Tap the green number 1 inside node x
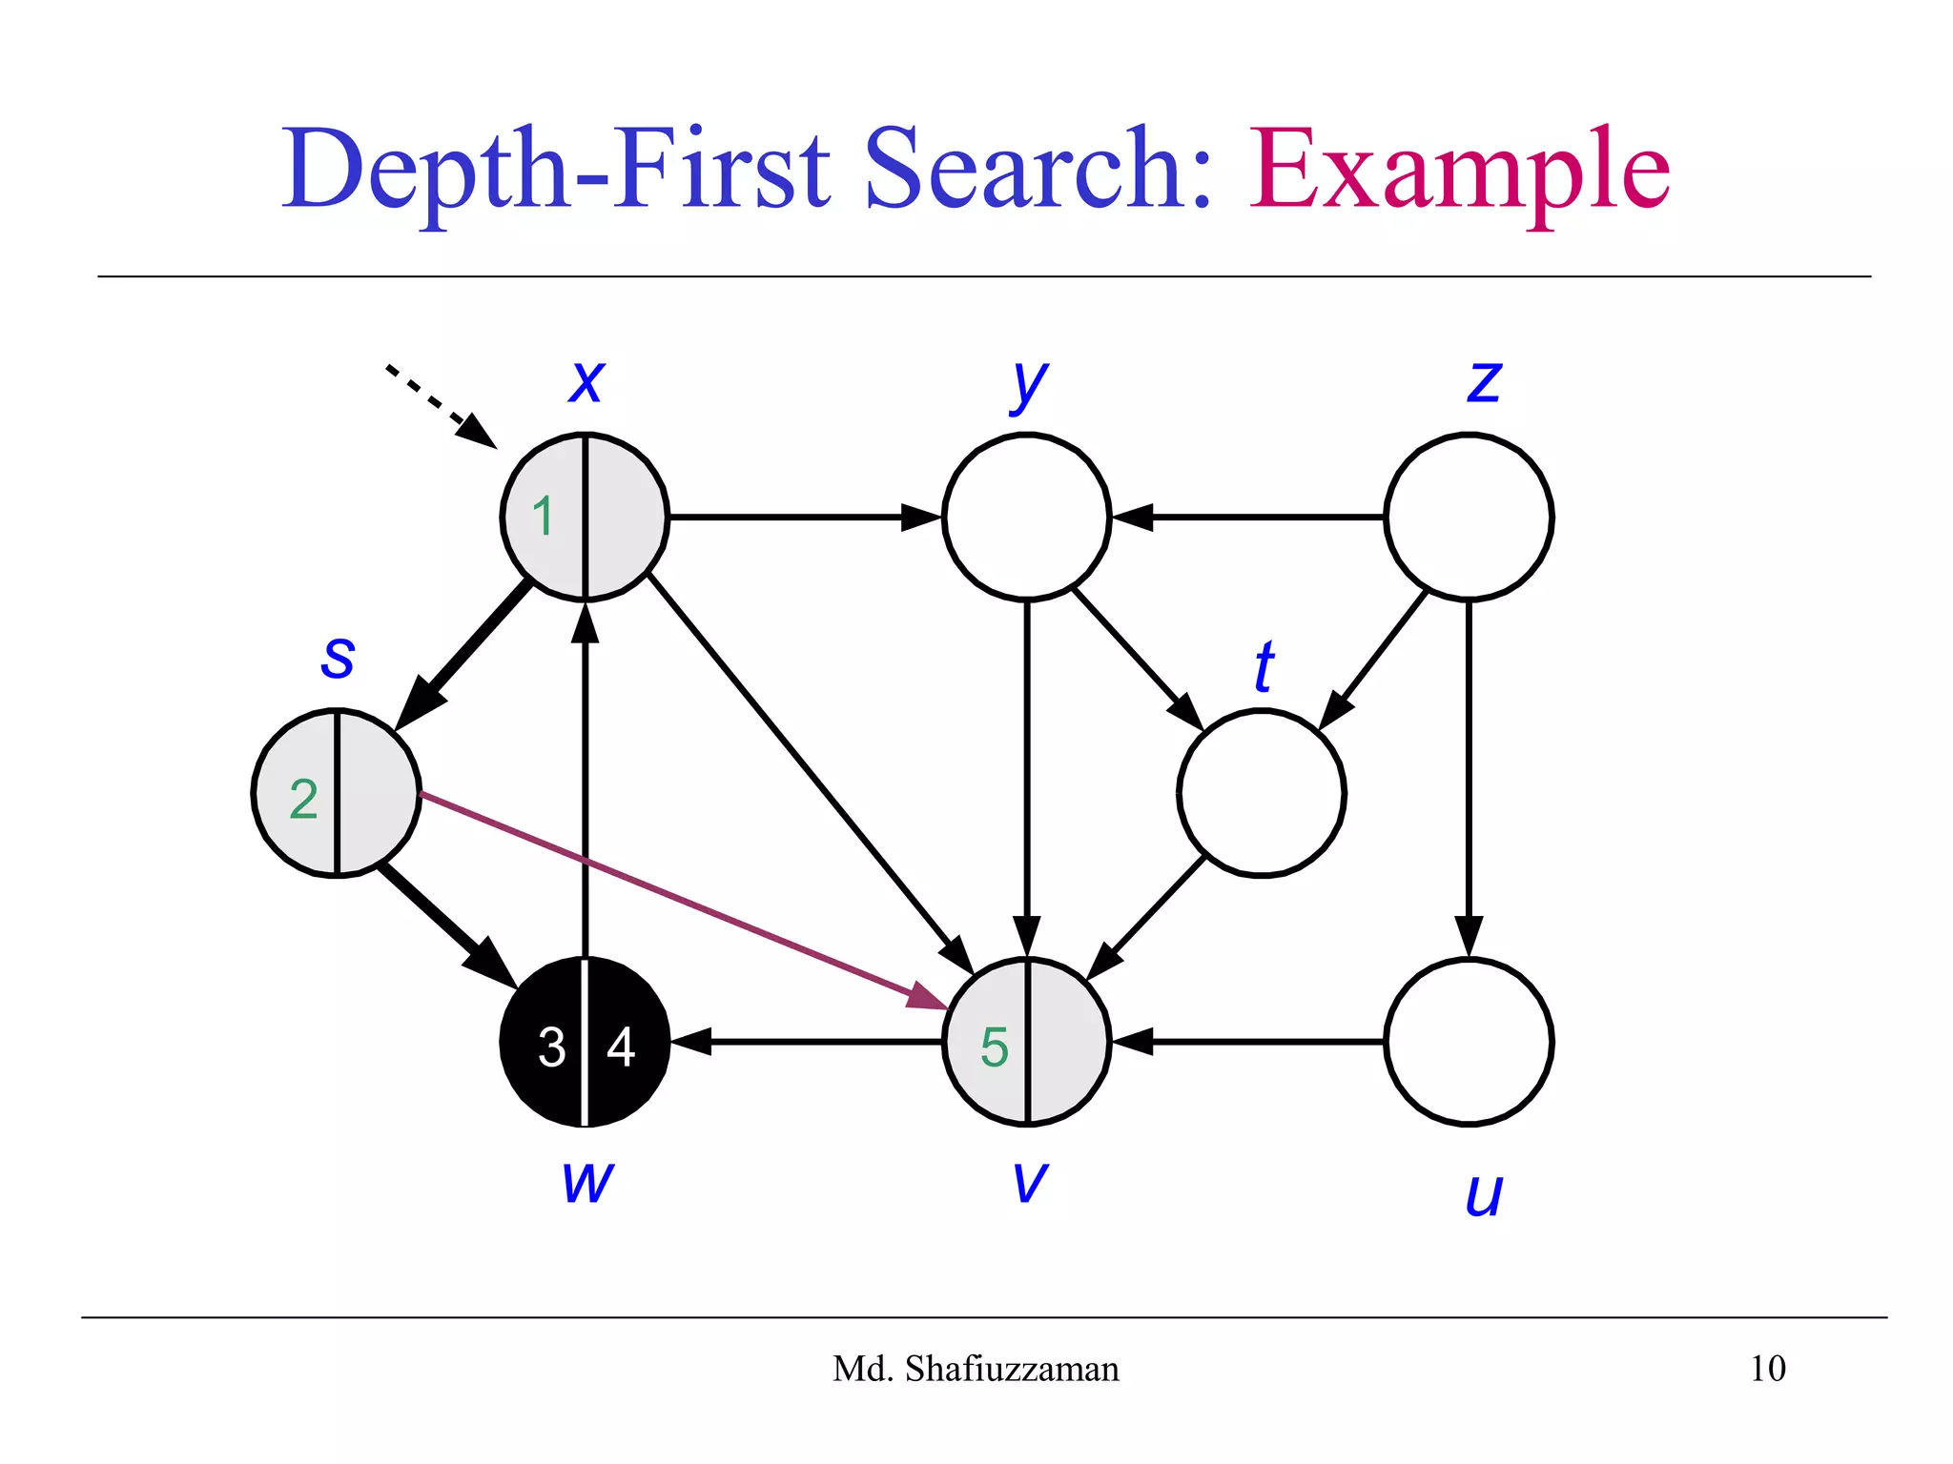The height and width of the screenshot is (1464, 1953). click(x=543, y=518)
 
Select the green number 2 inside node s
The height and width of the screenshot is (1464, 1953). click(x=303, y=799)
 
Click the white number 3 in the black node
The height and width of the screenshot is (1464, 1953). click(x=551, y=1047)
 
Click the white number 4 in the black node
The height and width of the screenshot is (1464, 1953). click(x=621, y=1047)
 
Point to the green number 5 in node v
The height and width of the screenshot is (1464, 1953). click(x=994, y=1047)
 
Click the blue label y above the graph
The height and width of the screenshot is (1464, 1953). click(x=1028, y=383)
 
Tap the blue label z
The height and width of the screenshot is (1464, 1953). click(x=1484, y=381)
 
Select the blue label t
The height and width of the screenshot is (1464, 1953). click(x=1264, y=666)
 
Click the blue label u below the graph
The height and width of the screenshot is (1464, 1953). click(x=1483, y=1193)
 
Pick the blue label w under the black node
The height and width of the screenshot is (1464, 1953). click(x=586, y=1181)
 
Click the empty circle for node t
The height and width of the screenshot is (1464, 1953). click(x=1261, y=793)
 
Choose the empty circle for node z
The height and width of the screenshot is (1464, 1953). click(x=1469, y=518)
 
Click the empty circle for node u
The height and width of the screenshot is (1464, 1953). click(x=1469, y=1042)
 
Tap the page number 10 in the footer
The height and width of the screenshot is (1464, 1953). click(x=1767, y=1369)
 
